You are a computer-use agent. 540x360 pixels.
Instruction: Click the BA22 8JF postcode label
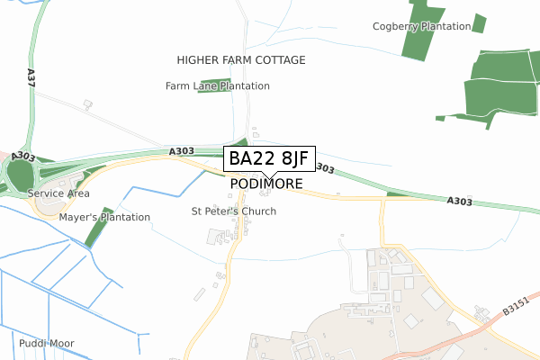[269, 158]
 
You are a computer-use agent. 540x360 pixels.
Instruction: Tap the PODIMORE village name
[266, 184]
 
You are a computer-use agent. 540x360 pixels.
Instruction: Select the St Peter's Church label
[234, 211]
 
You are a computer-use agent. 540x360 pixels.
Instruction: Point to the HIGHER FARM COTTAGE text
[241, 60]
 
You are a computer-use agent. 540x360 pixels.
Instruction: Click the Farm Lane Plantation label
[218, 86]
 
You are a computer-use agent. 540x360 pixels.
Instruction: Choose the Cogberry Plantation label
[421, 27]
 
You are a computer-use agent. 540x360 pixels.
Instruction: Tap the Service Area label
[58, 193]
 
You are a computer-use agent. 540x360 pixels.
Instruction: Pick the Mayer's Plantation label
[104, 218]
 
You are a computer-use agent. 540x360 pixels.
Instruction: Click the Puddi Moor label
[45, 344]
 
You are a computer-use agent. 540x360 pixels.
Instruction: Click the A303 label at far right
[459, 202]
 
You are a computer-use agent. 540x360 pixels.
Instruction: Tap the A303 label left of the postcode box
[182, 151]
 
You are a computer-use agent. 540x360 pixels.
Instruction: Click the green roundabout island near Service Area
[19, 172]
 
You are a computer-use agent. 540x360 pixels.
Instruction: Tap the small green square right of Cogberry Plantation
[479, 22]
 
